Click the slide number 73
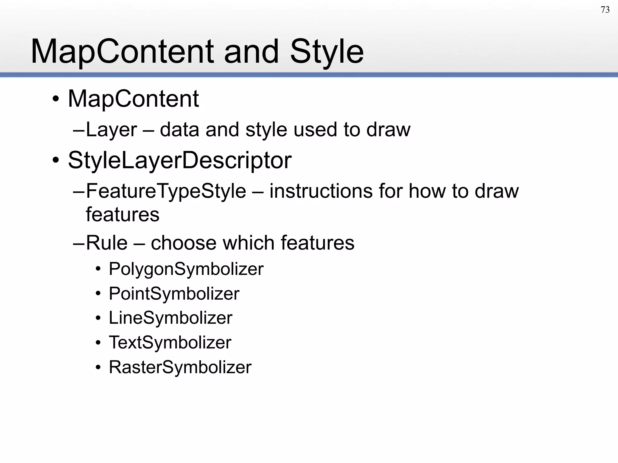tap(605, 10)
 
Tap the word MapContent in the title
tap(122, 52)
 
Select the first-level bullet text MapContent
tap(133, 99)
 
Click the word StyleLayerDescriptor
tap(180, 160)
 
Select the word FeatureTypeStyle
tap(166, 191)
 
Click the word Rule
tap(107, 243)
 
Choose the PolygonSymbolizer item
tap(186, 269)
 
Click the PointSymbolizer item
tap(174, 294)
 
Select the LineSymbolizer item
tap(170, 318)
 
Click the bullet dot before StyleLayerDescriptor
tap(56, 160)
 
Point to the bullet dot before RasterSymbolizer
tap(98, 368)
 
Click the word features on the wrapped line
tap(123, 215)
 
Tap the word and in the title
tap(251, 52)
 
